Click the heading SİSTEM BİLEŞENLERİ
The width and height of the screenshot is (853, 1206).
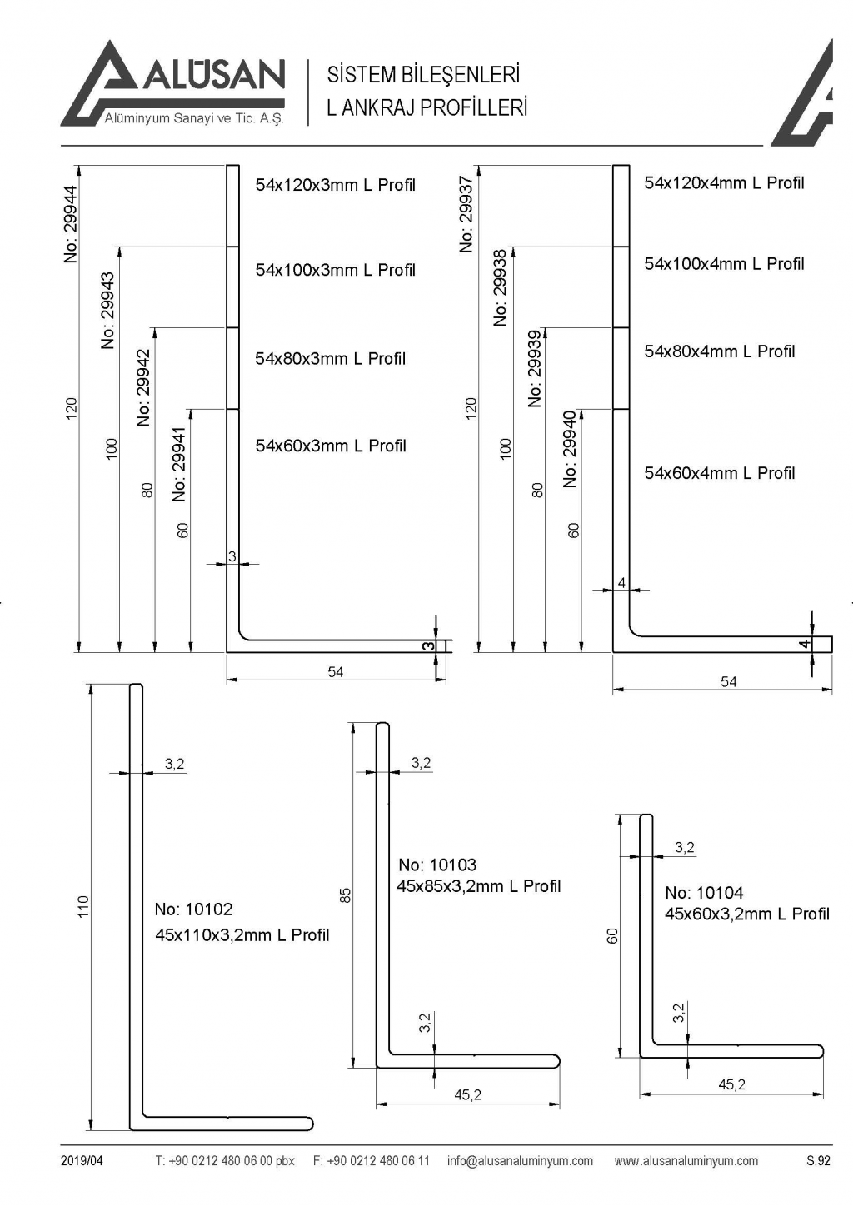(x=423, y=75)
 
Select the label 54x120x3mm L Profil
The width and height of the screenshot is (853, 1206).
(x=335, y=185)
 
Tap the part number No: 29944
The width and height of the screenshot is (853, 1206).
(x=71, y=224)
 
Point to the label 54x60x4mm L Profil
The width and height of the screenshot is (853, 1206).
(x=719, y=473)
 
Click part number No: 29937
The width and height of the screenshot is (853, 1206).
(x=466, y=213)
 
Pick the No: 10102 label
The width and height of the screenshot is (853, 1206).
(x=193, y=909)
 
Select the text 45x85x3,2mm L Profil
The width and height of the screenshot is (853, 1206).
(x=478, y=886)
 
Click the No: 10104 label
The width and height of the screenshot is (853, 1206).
(x=704, y=893)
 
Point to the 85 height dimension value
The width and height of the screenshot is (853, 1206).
(x=346, y=895)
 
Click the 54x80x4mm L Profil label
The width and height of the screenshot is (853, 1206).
(x=719, y=351)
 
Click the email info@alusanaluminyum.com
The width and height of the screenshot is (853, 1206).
(x=520, y=1161)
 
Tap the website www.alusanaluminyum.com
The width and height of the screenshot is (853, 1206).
(x=686, y=1161)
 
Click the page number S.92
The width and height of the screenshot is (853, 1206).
(x=818, y=1161)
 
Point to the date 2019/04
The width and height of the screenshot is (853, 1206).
(x=82, y=1161)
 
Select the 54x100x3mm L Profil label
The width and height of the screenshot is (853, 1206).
(x=335, y=270)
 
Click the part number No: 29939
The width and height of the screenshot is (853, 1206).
(x=536, y=368)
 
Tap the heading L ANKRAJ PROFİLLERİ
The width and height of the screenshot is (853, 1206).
(x=426, y=108)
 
